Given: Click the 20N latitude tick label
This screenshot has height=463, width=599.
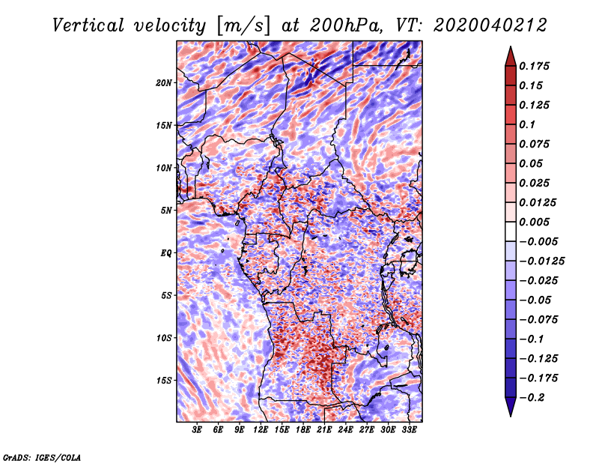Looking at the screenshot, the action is pyautogui.click(x=163, y=82).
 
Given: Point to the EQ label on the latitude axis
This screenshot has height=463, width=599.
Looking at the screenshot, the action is pyautogui.click(x=165, y=253).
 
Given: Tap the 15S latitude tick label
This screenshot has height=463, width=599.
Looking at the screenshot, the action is pyautogui.click(x=163, y=381).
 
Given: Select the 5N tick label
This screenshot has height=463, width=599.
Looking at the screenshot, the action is pyautogui.click(x=166, y=211).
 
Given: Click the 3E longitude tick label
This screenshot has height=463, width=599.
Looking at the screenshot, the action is pyautogui.click(x=197, y=430).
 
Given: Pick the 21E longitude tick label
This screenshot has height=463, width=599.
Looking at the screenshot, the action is pyautogui.click(x=324, y=430).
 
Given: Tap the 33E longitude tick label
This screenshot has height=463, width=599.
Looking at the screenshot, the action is pyautogui.click(x=409, y=430).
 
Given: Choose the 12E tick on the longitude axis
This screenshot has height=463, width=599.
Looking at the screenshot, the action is pyautogui.click(x=260, y=430).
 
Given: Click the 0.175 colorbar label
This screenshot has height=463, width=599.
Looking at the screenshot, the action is pyautogui.click(x=534, y=66).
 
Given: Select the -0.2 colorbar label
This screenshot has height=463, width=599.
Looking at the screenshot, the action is pyautogui.click(x=532, y=398).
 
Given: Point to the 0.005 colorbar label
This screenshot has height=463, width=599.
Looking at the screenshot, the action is pyautogui.click(x=534, y=222).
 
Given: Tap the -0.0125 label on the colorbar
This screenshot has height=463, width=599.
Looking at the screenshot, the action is pyautogui.click(x=541, y=261).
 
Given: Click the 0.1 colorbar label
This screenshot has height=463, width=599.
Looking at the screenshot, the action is pyautogui.click(x=527, y=124).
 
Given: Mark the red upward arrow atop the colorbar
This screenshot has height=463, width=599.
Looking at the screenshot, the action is pyautogui.click(x=511, y=57).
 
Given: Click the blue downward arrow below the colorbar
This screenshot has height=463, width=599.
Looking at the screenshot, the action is pyautogui.click(x=511, y=407).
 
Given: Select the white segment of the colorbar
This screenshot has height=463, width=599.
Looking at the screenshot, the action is pyautogui.click(x=511, y=231).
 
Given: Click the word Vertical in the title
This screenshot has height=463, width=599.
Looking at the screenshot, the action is pyautogui.click(x=88, y=25).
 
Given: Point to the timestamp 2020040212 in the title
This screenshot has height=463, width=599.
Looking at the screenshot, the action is pyautogui.click(x=490, y=25).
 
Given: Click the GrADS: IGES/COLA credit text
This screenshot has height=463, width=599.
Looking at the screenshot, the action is pyautogui.click(x=42, y=457).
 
